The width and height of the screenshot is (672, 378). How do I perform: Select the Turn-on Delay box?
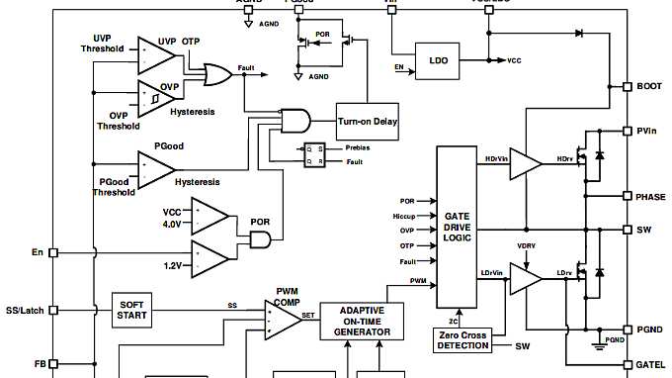tap(368, 122)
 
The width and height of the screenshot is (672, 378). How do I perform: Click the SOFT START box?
tap(133, 310)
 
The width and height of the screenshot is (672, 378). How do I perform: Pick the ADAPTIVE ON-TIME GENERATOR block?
tap(363, 321)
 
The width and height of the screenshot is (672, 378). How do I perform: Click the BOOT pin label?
tap(650, 87)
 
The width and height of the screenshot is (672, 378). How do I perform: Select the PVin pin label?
tap(649, 131)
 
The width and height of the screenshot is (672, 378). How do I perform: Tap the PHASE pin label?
tap(651, 196)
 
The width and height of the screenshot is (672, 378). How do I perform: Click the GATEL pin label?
tap(651, 364)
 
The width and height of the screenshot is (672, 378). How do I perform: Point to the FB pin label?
tap(40, 364)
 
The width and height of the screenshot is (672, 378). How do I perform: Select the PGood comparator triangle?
tap(154, 169)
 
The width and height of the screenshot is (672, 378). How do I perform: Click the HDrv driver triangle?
tap(525, 164)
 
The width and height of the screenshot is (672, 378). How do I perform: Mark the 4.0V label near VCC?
tap(173, 224)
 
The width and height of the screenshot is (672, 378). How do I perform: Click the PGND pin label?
tap(650, 329)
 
